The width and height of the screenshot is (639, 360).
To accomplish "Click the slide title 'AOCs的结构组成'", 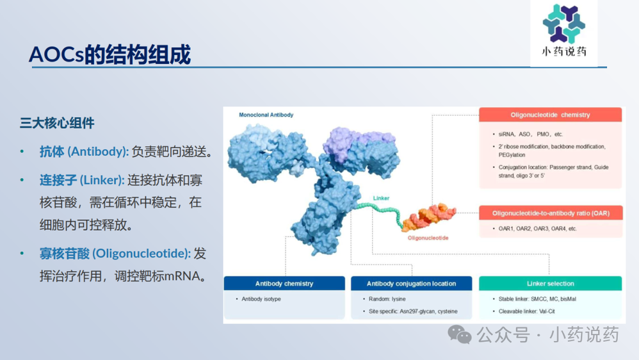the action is click(x=109, y=54).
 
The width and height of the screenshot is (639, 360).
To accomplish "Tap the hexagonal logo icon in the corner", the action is click(x=564, y=24).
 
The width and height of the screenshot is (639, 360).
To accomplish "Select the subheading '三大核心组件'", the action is click(x=57, y=123).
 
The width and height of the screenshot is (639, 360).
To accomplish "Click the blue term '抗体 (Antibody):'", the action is click(x=84, y=152).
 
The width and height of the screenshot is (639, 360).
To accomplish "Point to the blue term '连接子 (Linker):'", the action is click(x=82, y=180).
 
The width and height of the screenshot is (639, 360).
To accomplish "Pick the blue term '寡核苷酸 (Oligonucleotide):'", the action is click(x=115, y=254).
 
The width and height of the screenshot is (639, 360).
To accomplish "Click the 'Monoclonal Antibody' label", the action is click(x=266, y=115).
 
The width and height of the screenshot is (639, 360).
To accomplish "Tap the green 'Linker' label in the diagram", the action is click(x=381, y=198).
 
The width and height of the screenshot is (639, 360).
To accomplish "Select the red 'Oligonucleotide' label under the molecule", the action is click(x=428, y=238).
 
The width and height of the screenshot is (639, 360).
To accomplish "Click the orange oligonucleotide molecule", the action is click(x=429, y=217).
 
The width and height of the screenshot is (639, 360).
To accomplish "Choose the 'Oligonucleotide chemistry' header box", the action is click(x=550, y=115).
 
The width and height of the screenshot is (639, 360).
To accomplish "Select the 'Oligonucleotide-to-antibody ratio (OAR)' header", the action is click(x=551, y=213).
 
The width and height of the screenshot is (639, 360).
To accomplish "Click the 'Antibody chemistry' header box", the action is click(x=284, y=283).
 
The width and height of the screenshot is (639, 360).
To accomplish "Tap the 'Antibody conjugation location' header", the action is click(x=411, y=283).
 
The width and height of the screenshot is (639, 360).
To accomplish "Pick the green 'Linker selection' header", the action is click(x=550, y=283).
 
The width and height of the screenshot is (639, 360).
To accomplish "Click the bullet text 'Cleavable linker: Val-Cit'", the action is click(x=526, y=311).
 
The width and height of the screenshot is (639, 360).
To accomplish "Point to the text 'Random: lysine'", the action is click(x=387, y=299).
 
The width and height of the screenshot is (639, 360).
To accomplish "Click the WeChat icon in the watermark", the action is click(x=459, y=334).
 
